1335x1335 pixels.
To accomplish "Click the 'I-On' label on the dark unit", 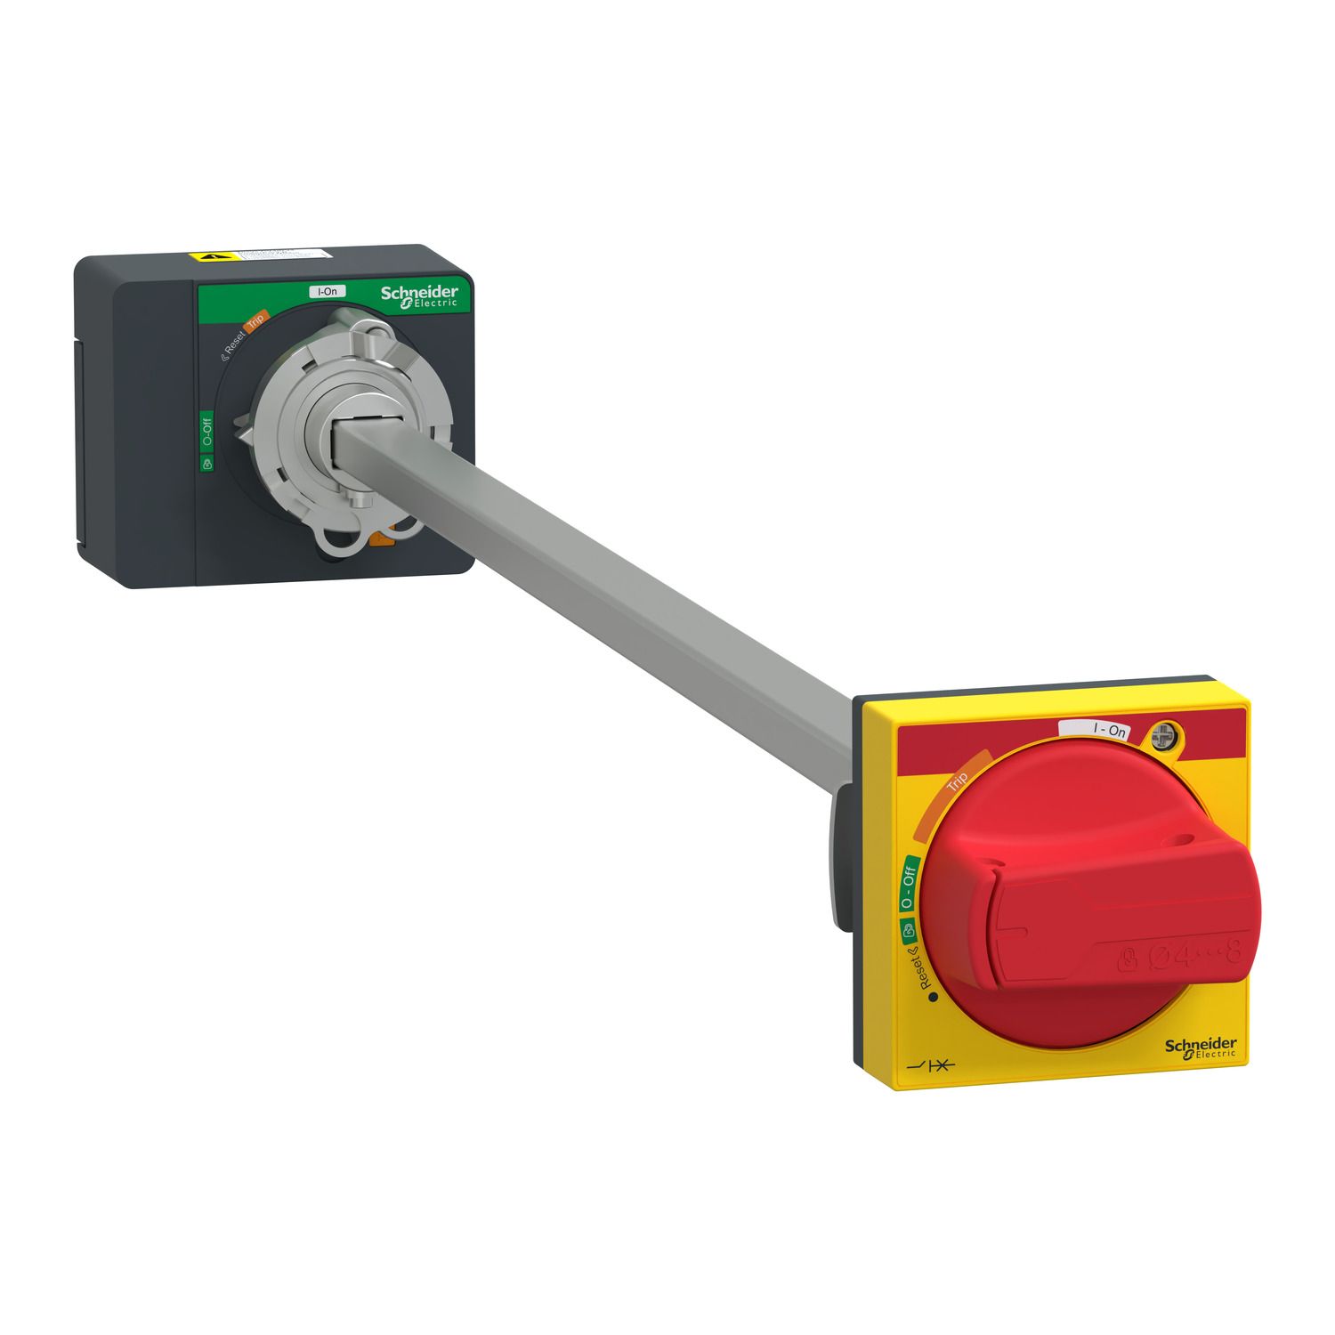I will pyautogui.click(x=328, y=291).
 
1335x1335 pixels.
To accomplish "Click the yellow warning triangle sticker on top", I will pyautogui.click(x=208, y=256).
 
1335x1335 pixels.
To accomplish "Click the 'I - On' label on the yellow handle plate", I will pyautogui.click(x=1110, y=730).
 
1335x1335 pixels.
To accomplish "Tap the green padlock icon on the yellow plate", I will pyautogui.click(x=907, y=932).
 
